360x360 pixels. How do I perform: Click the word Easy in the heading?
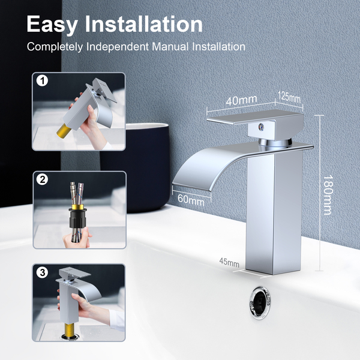coord(52,24)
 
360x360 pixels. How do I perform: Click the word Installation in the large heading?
coord(144,24)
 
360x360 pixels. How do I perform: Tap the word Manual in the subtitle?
coord(170,47)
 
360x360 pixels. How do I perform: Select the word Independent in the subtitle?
coord(118,47)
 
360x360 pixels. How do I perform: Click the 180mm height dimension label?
coord(328,195)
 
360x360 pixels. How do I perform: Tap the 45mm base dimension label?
coord(229,262)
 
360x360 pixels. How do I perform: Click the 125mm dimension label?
coord(289,97)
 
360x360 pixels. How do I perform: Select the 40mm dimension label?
coord(241,100)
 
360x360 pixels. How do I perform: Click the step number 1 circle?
coord(42,81)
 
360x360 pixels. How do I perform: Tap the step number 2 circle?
coord(43,179)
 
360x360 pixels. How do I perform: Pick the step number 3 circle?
coord(43,273)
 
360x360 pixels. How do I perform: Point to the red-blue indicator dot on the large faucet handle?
coord(261,126)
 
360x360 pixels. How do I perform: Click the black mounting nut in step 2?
coord(77,219)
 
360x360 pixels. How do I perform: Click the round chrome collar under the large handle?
coord(275,143)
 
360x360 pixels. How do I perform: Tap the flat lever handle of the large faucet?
coord(255,118)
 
